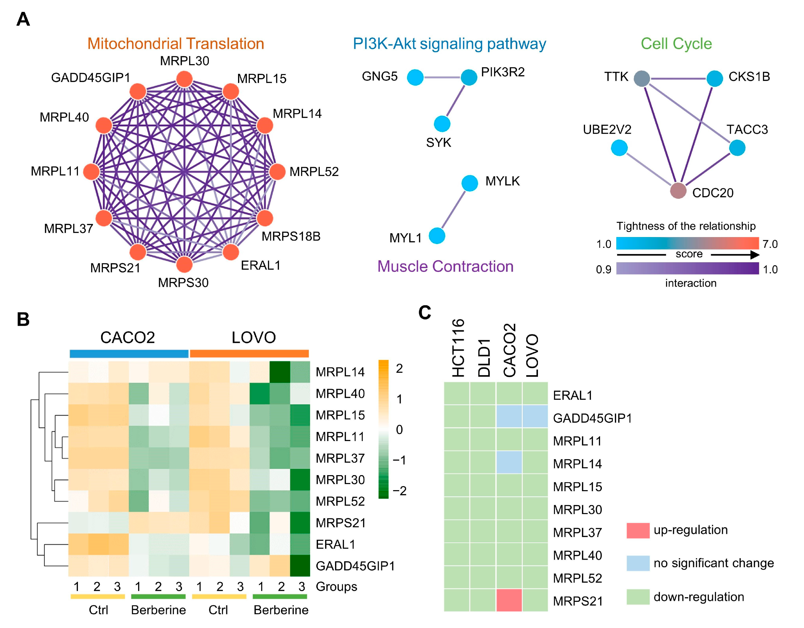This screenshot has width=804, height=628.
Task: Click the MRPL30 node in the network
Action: pyautogui.click(x=184, y=79)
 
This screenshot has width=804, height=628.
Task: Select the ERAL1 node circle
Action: pyautogui.click(x=230, y=252)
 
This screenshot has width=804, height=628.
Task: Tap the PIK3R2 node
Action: pyautogui.click(x=469, y=77)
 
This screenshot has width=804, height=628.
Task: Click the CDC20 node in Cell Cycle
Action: pyautogui.click(x=678, y=191)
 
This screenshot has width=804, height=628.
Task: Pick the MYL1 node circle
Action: pyautogui.click(x=437, y=236)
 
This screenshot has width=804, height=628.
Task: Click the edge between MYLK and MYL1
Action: pyautogui.click(x=453, y=210)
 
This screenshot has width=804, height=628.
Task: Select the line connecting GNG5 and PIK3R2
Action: pyautogui.click(x=442, y=78)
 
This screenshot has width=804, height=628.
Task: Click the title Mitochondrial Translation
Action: pyautogui.click(x=176, y=44)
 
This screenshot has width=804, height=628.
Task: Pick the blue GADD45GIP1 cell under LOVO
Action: pyautogui.click(x=535, y=417)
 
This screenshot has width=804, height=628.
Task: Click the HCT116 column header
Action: pyautogui.click(x=458, y=348)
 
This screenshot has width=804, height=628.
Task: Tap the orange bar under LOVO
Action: pyautogui.click(x=249, y=354)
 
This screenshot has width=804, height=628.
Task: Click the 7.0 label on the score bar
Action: pyautogui.click(x=770, y=244)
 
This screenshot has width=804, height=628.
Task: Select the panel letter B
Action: pyautogui.click(x=23, y=319)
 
